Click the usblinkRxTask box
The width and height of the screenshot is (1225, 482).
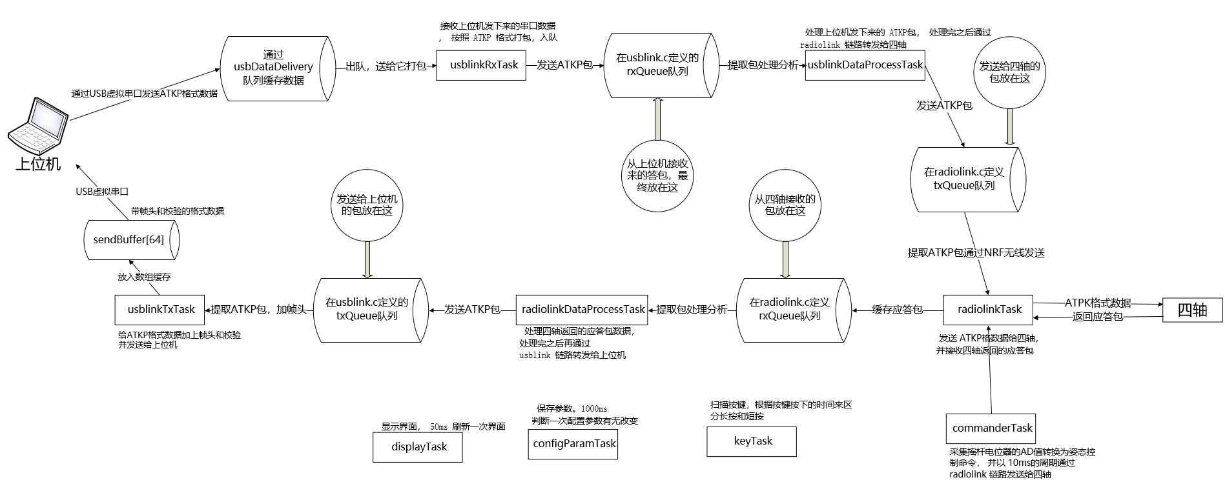coord(484,65)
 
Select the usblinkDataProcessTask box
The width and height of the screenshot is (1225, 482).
coord(865,65)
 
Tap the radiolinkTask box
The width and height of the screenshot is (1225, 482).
coord(989,310)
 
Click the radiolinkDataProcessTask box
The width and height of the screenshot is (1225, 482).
coord(582,310)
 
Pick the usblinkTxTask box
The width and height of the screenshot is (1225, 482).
coord(160,310)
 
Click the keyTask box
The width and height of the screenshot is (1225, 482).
coord(752,441)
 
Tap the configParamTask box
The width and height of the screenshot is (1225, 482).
coord(573,443)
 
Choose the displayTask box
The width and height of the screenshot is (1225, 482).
coord(418,447)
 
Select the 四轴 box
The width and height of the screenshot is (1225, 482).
coord(1192,310)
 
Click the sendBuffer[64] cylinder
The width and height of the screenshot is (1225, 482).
coord(129,239)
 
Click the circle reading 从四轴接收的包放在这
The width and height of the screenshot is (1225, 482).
coord(785,205)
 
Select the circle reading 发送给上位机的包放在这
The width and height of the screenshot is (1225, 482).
coord(367,205)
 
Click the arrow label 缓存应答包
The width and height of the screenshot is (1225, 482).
coord(897,310)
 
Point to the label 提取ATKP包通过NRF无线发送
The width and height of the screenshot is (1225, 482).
coord(976,253)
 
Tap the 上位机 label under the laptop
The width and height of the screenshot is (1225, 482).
coord(38,164)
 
